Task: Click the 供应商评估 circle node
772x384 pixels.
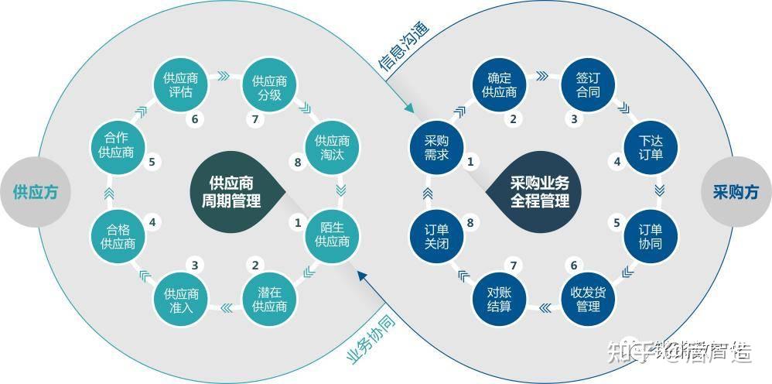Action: [182, 85]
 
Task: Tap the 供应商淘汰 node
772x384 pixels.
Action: [333, 148]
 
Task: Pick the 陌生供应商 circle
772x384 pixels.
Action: [333, 234]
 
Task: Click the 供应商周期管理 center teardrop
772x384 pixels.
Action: [232, 192]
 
